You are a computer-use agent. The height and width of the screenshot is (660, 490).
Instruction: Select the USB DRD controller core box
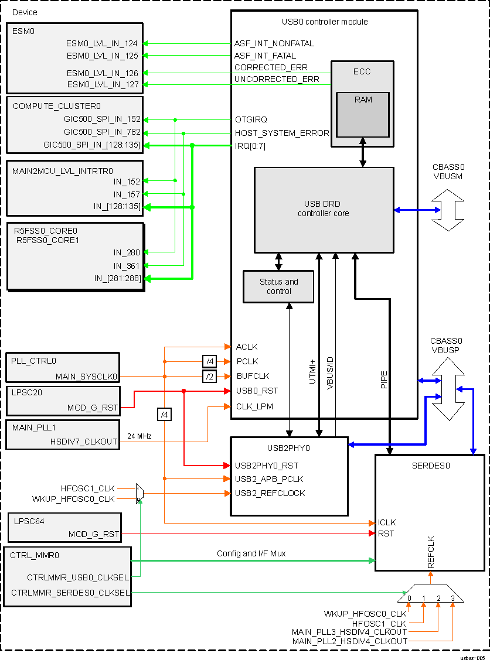(x=323, y=209)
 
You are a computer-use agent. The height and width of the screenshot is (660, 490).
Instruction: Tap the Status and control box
(x=278, y=286)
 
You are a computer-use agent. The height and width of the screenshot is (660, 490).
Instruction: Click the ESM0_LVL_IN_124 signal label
(x=103, y=43)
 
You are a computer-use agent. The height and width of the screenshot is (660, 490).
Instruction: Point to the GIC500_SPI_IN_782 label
(x=102, y=133)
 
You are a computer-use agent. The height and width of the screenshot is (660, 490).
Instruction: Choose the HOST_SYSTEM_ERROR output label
(x=282, y=133)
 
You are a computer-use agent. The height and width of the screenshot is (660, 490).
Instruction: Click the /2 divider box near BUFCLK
(x=209, y=376)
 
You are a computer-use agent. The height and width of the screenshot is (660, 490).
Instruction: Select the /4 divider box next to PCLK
(x=209, y=361)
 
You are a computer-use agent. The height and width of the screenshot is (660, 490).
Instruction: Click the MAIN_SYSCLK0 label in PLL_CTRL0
(x=87, y=376)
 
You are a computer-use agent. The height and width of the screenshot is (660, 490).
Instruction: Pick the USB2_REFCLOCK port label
(x=270, y=493)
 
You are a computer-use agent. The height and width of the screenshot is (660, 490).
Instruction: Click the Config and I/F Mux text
(x=251, y=553)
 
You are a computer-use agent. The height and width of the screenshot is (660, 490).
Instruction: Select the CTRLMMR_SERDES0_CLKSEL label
(x=70, y=593)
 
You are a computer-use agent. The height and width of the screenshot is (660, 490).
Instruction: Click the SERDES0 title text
(x=430, y=466)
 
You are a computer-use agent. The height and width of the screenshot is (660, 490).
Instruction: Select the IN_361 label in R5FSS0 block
(x=127, y=265)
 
